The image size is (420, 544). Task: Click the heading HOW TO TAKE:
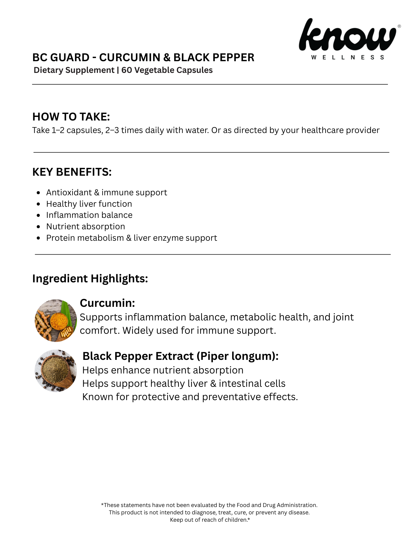(71, 117)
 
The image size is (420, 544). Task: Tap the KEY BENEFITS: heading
(72, 172)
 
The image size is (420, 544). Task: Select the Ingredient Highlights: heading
(90, 279)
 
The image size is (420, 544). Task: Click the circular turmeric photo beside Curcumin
(56, 320)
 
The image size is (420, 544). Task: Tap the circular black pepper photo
(56, 370)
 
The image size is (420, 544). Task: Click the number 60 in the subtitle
(127, 70)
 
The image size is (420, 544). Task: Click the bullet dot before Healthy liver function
(38, 204)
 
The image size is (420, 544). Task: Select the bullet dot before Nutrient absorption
(38, 227)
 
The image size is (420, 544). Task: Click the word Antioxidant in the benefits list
(69, 193)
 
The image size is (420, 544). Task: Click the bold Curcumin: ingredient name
(107, 303)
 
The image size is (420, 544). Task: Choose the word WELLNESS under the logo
(347, 57)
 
